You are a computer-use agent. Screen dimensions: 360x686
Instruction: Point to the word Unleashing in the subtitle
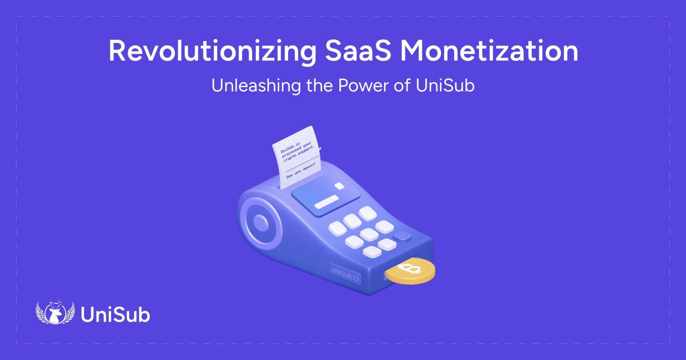(x=256, y=86)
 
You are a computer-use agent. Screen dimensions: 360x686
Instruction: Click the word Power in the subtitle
(x=363, y=86)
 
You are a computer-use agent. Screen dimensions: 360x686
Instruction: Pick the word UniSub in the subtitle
(x=445, y=86)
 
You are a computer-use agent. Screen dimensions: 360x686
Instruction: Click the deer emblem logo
(x=55, y=312)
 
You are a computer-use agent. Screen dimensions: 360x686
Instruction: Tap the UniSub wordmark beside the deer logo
(x=115, y=315)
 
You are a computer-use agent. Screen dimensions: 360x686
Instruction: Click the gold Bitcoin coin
(x=410, y=271)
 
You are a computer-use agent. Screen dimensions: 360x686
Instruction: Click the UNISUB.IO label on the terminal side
(x=345, y=273)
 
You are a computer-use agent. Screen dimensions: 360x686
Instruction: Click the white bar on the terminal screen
(x=327, y=202)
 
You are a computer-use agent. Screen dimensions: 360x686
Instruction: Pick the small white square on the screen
(x=340, y=186)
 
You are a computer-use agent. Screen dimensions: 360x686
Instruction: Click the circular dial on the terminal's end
(x=261, y=223)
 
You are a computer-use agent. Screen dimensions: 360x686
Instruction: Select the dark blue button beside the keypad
(x=402, y=236)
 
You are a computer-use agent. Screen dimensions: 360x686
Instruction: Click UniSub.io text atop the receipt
(x=290, y=147)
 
